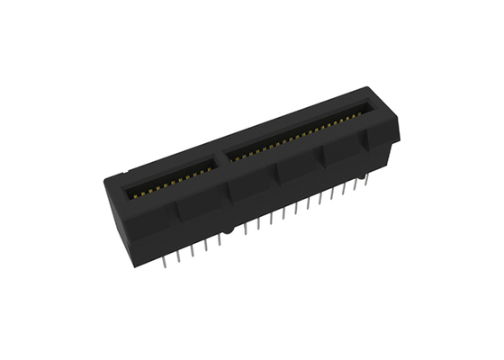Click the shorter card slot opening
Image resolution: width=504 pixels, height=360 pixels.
tap(170, 181)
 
